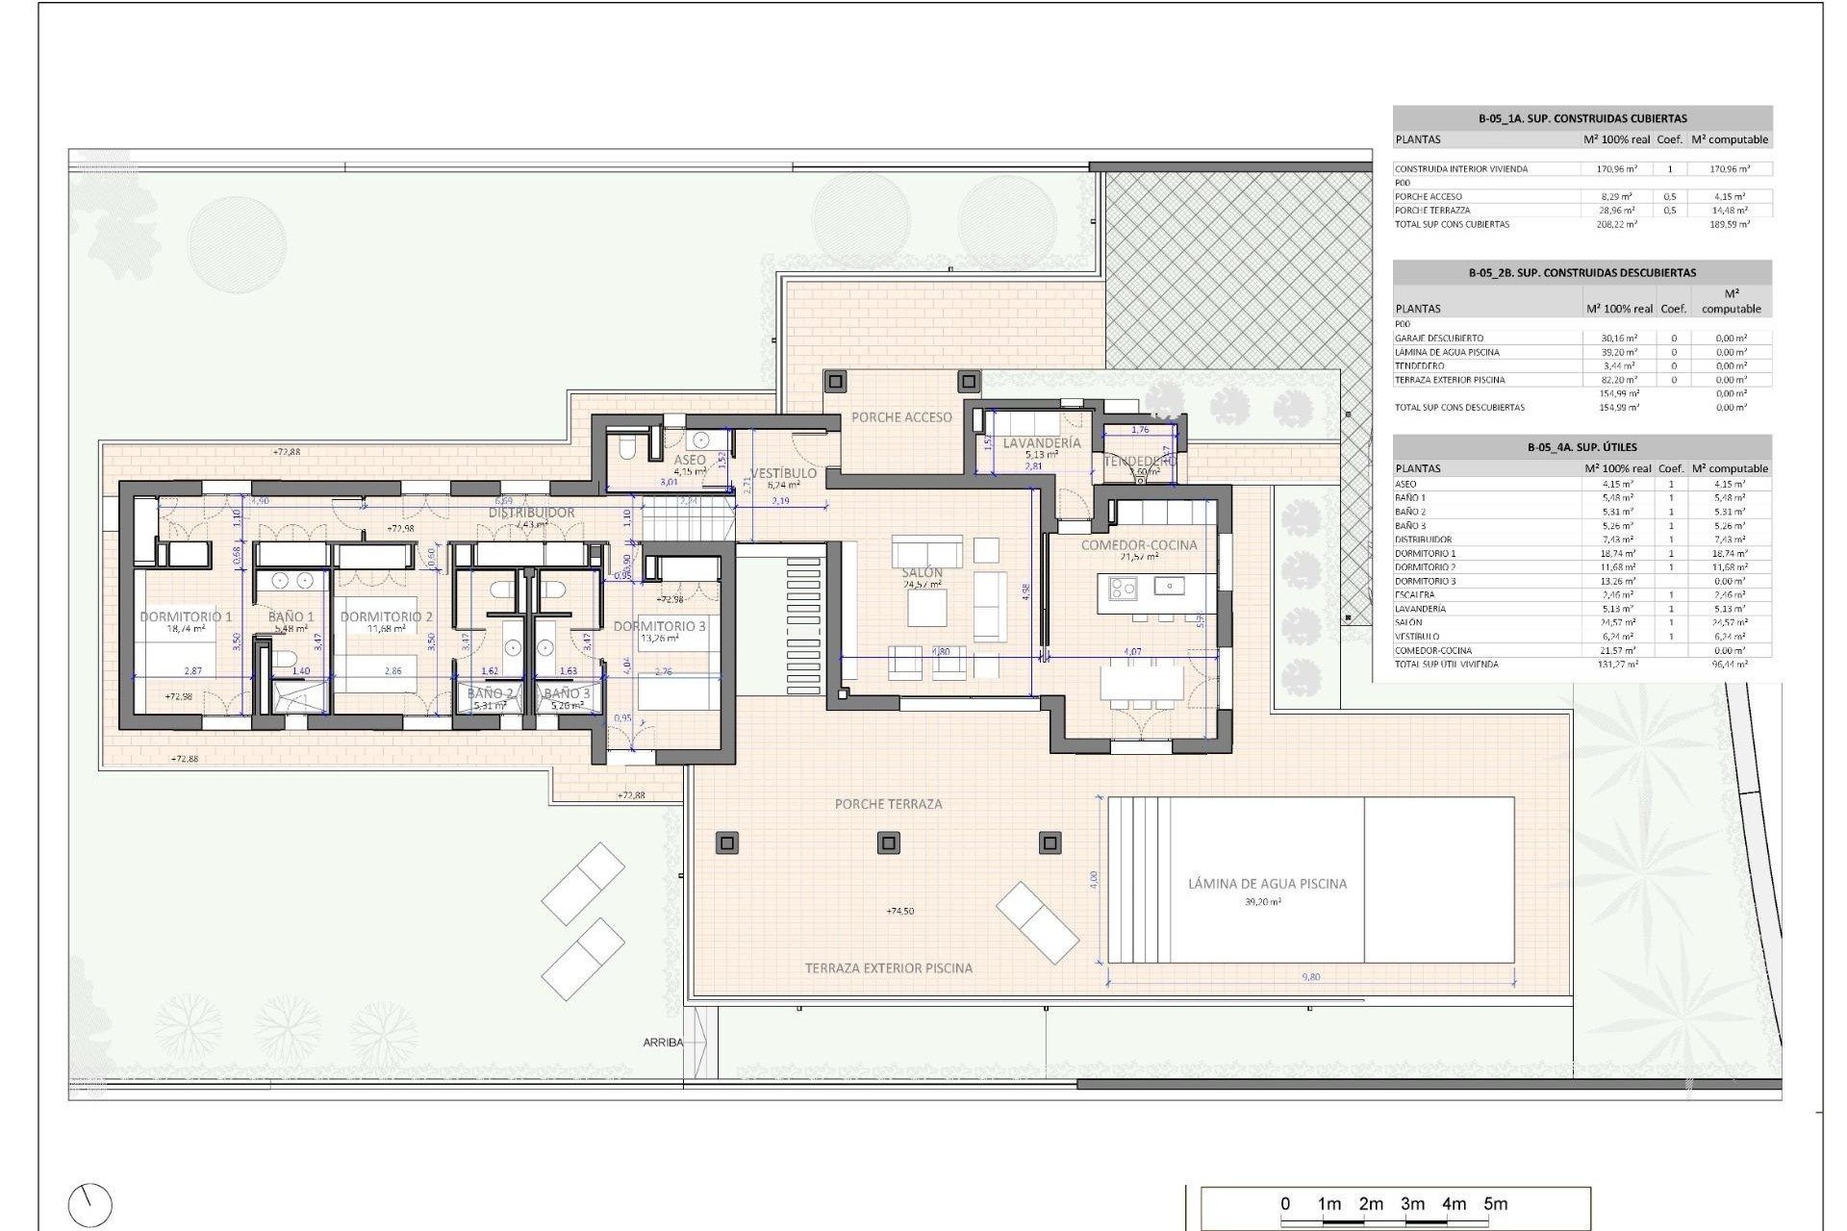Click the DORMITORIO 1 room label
(x=186, y=616)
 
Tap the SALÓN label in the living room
(x=922, y=572)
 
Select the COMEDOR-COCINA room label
(x=1139, y=544)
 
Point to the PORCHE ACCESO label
(x=901, y=416)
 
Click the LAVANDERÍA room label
(x=1041, y=443)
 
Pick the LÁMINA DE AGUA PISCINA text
(x=1267, y=883)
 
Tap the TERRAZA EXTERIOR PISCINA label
(x=888, y=967)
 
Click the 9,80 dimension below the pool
(x=1310, y=977)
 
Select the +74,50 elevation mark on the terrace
(x=899, y=911)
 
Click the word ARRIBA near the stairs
(x=663, y=1043)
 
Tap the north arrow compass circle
(x=90, y=1204)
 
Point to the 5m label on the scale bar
(x=1495, y=1204)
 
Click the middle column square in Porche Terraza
(x=888, y=843)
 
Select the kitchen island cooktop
(x=1123, y=587)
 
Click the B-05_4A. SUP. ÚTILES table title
(x=1581, y=447)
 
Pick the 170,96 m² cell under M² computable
(x=1730, y=169)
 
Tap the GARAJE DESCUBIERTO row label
(x=1439, y=339)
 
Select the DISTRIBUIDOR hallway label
(x=531, y=513)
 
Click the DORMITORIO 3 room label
(x=659, y=626)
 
